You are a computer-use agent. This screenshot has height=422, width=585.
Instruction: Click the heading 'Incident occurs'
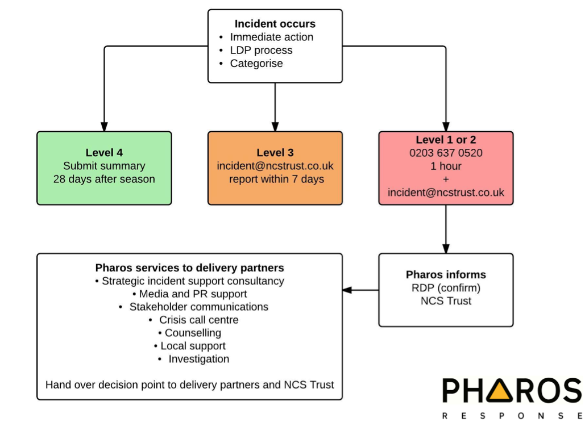pyautogui.click(x=275, y=24)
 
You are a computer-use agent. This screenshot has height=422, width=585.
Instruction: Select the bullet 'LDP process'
pyautogui.click(x=261, y=50)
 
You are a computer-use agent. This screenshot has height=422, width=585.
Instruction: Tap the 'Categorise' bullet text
pyautogui.click(x=256, y=63)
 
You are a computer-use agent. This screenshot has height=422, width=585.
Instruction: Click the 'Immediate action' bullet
pyautogui.click(x=271, y=37)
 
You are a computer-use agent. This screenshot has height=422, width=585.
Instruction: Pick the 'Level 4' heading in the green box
pyautogui.click(x=104, y=152)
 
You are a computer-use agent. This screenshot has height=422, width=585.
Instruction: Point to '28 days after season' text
pyautogui.click(x=104, y=179)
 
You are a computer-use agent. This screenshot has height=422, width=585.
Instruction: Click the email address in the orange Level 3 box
pyautogui.click(x=275, y=166)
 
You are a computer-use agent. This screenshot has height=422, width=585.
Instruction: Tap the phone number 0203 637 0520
pyautogui.click(x=446, y=153)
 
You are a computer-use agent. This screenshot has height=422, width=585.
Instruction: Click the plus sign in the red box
pyautogui.click(x=446, y=179)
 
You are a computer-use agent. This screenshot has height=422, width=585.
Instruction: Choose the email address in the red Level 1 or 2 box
pyautogui.click(x=446, y=193)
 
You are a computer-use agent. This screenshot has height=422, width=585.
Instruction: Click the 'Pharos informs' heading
pyautogui.click(x=446, y=274)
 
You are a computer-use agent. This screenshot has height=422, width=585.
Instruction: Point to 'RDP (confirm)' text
pyautogui.click(x=446, y=287)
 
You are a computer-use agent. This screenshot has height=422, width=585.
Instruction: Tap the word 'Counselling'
pyautogui.click(x=193, y=333)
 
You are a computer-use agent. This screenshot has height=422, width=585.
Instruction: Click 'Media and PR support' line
pyautogui.click(x=193, y=294)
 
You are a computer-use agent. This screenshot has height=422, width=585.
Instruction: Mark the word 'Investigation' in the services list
pyautogui.click(x=198, y=359)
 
